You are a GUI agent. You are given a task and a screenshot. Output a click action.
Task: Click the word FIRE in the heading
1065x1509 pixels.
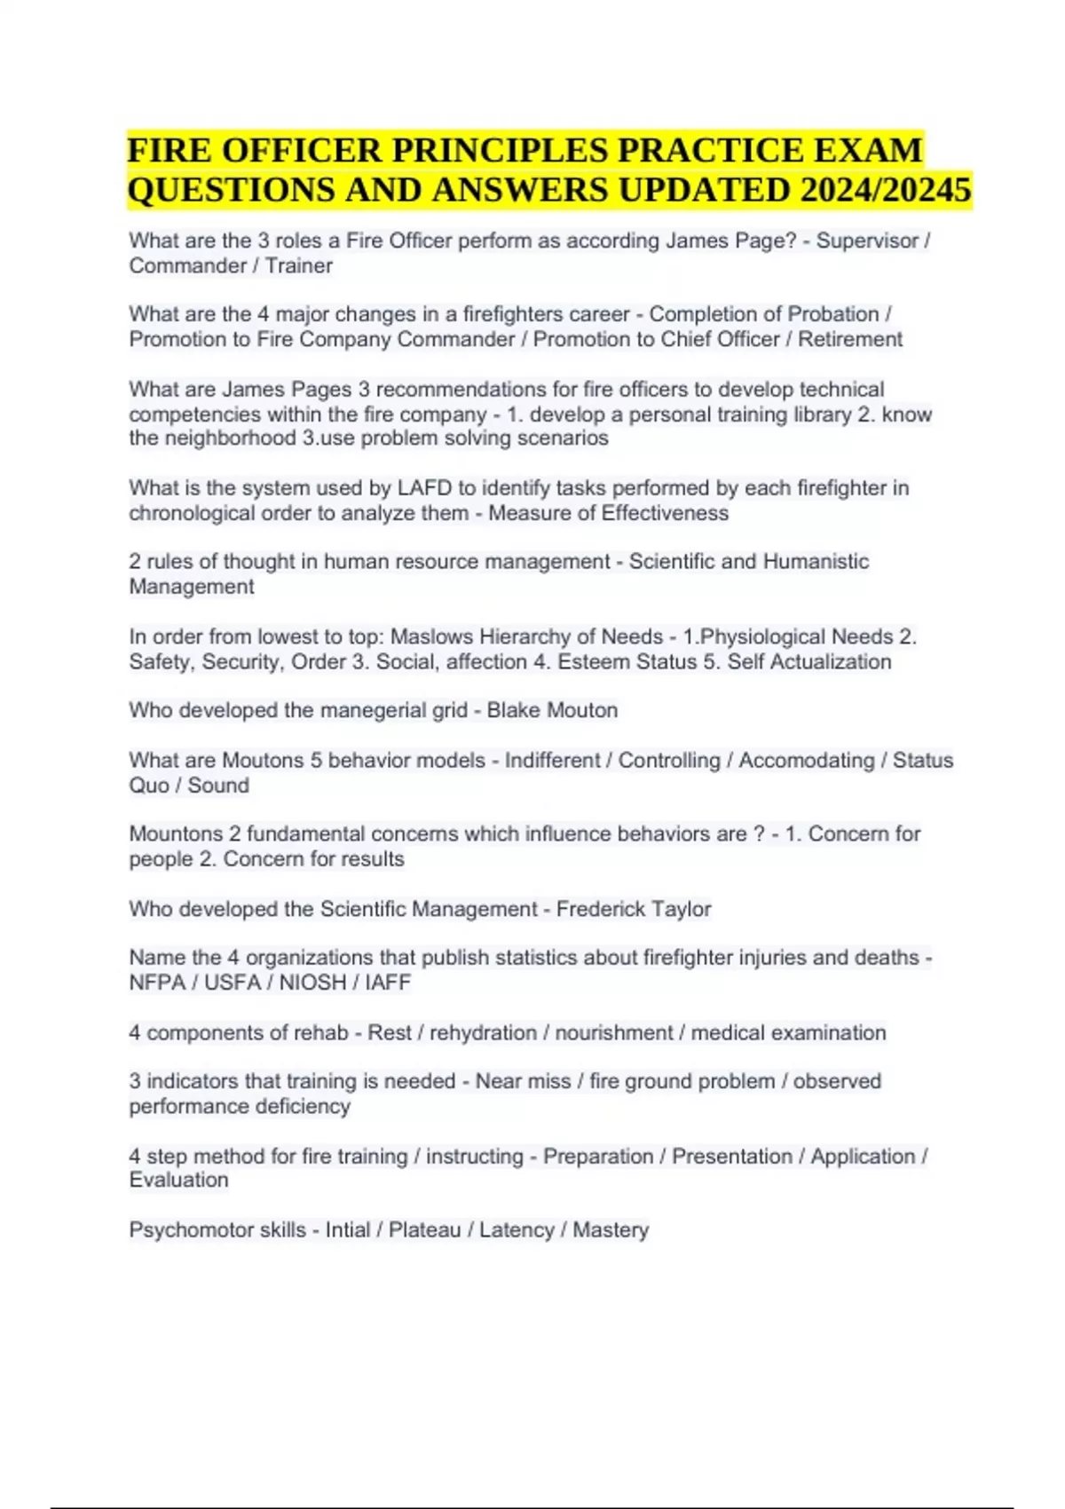pos(169,150)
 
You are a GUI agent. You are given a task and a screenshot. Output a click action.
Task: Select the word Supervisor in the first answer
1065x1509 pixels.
pos(867,241)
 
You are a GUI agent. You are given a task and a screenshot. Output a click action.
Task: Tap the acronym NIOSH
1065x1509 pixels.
pos(313,983)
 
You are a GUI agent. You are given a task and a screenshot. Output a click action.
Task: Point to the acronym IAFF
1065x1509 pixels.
pos(388,983)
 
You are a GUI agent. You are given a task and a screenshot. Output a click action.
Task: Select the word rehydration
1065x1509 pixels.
pos(484,1032)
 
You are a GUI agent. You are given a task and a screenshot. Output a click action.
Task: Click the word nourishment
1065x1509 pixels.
pos(614,1032)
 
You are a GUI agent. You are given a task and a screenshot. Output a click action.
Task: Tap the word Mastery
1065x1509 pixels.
pos(611,1229)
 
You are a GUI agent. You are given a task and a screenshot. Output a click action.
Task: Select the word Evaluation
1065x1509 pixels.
pos(178,1180)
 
